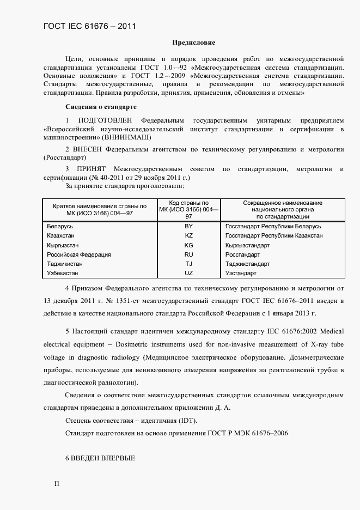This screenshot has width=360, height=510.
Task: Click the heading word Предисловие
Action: point(193,42)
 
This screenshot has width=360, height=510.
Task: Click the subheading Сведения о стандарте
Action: point(101,106)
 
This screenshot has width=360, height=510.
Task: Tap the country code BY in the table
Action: point(189,226)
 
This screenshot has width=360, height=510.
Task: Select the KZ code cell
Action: point(189,236)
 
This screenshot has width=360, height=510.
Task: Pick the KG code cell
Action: point(189,245)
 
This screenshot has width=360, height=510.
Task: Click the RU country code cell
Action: point(189,254)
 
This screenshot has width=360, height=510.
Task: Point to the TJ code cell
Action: point(189,264)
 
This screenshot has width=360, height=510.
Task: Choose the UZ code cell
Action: point(189,273)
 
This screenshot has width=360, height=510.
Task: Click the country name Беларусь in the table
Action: point(60,226)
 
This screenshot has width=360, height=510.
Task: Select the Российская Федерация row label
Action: point(79,254)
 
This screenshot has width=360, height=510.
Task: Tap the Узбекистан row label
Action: point(63,273)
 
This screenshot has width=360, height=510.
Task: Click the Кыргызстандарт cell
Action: point(247,245)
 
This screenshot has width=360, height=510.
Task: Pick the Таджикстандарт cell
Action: point(248,264)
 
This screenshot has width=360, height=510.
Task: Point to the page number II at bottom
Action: point(56,484)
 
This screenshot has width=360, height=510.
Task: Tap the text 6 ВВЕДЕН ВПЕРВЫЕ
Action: point(100,458)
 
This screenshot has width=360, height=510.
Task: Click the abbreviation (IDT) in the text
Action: point(185,421)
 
